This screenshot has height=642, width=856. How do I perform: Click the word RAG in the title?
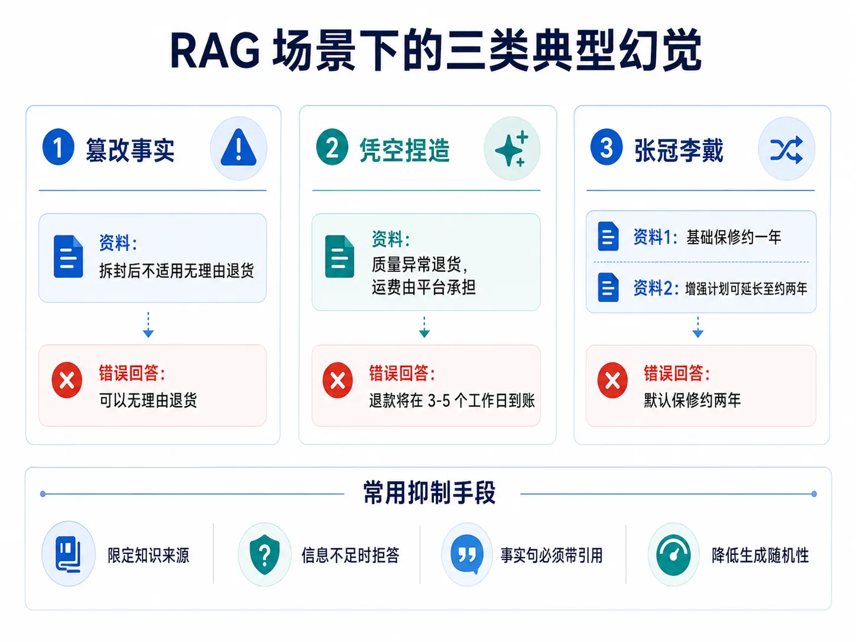[x=215, y=51]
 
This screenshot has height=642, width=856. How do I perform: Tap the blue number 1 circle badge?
[x=59, y=147]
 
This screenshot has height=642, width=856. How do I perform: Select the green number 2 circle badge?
[x=332, y=147]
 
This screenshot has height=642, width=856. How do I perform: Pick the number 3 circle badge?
[x=607, y=147]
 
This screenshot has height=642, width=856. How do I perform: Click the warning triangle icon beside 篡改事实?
[x=239, y=148]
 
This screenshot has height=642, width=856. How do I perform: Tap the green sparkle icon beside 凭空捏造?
[x=512, y=149]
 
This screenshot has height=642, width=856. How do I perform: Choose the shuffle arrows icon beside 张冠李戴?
[x=786, y=150]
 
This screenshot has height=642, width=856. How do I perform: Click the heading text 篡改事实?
[x=130, y=150]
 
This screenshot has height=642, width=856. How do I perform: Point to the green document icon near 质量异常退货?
[x=340, y=256]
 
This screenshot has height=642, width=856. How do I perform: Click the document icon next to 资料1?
[x=608, y=236]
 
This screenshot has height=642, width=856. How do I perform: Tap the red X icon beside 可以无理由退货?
[x=67, y=380]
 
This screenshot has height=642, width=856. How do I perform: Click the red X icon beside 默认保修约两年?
[x=612, y=380]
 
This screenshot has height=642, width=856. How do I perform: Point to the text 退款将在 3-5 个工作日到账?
[x=452, y=400]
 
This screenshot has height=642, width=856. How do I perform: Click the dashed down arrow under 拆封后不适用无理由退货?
[x=148, y=325]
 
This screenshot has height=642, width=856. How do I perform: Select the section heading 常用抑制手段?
[x=429, y=492]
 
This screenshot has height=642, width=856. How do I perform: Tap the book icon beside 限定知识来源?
[x=68, y=555]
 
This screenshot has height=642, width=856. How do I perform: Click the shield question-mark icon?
[x=265, y=555]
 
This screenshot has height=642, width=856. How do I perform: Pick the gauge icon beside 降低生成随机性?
[x=673, y=555]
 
